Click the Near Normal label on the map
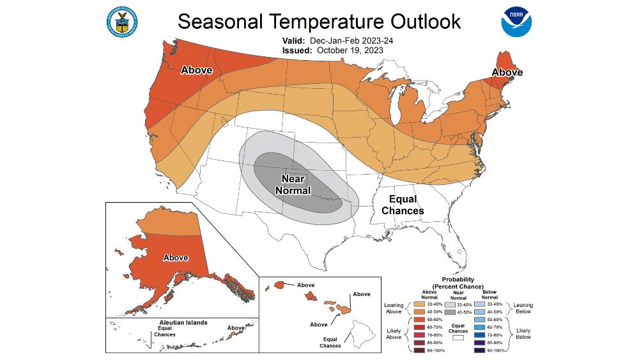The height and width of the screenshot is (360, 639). tap(293, 185)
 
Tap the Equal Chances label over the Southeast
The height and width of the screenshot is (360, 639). tap(403, 205)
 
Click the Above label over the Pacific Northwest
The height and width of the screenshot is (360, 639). tap(196, 70)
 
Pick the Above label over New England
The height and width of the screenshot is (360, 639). tap(507, 72)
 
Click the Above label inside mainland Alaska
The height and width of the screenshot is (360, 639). tap(176, 258)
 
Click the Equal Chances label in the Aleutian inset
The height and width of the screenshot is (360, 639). tap(164, 331)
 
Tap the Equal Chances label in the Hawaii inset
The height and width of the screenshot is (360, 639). tap(330, 342)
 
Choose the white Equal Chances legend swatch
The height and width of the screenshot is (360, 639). tap(457, 338)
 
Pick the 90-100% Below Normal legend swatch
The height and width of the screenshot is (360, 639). tap(479, 350)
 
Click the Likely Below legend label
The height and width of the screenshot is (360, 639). tap(523, 332)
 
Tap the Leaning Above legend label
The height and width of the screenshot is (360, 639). tap(394, 308)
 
